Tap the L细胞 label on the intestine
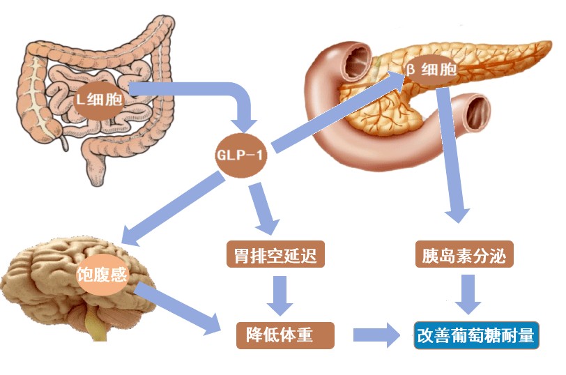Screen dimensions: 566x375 (99, 99)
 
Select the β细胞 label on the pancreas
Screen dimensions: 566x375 (431, 69)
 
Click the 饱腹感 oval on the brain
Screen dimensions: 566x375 (102, 275)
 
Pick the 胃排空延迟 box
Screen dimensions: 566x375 (275, 254)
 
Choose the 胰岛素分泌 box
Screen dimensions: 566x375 (464, 254)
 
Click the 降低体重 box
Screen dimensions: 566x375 (285, 335)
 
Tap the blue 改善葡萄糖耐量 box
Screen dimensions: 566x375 (476, 335)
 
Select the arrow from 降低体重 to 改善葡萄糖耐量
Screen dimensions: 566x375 (376, 335)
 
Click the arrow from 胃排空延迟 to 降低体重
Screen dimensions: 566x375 (280, 296)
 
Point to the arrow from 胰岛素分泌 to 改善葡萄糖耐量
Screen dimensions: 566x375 (468, 294)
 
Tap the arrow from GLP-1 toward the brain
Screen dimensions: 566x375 (173, 208)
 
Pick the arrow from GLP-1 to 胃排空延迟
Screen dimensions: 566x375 (265, 208)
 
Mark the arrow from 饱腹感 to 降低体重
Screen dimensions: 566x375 (178, 309)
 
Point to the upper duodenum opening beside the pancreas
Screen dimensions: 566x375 (358, 61)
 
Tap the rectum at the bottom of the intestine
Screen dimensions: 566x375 (95, 169)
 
